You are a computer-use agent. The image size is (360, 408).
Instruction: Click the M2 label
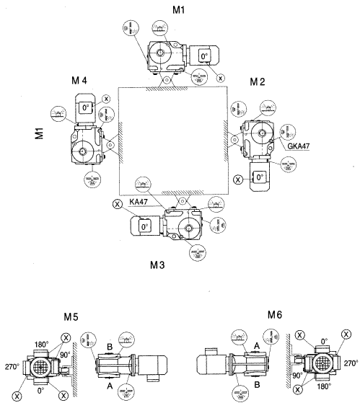click(257, 83)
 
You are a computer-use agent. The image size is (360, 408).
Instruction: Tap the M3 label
click(158, 265)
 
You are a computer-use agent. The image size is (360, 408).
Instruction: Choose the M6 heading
click(274, 314)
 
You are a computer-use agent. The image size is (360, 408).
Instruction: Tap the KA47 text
click(140, 203)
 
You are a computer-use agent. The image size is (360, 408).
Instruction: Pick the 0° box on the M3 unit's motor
click(145, 226)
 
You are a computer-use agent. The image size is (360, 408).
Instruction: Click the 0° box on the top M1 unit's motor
click(204, 56)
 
